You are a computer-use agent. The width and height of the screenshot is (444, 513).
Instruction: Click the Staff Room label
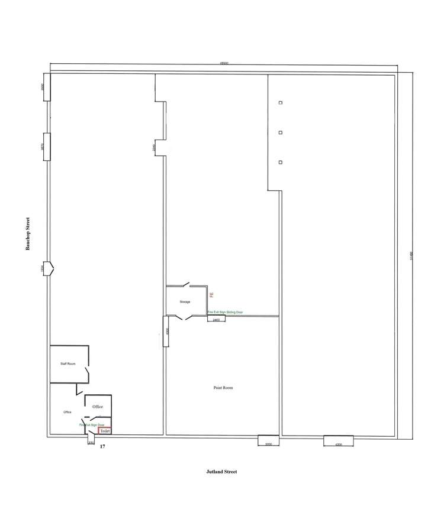(68, 363)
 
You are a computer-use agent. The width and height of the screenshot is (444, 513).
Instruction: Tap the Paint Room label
(223, 388)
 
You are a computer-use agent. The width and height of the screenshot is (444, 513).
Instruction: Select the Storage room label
(185, 302)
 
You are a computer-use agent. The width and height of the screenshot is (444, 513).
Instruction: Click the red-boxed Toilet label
(105, 431)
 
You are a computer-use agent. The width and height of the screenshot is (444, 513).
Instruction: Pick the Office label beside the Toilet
(98, 407)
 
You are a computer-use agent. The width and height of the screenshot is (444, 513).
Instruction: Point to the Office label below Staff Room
(67, 412)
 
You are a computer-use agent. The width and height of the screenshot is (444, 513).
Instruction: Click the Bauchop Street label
(27, 234)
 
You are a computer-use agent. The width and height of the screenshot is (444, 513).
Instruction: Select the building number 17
(102, 447)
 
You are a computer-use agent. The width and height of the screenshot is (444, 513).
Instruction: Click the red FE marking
(210, 294)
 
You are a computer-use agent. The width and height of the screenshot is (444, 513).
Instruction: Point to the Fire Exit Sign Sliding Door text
(225, 312)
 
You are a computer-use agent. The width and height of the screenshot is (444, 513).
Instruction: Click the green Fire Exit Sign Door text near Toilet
(92, 425)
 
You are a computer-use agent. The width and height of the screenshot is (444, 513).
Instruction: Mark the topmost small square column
(280, 102)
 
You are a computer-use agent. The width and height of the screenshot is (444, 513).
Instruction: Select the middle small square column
(280, 132)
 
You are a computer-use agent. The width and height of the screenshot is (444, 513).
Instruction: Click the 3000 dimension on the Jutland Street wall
(268, 440)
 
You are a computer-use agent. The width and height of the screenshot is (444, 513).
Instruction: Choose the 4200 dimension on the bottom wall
(339, 440)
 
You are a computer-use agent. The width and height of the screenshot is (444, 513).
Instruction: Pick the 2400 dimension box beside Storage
(216, 319)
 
